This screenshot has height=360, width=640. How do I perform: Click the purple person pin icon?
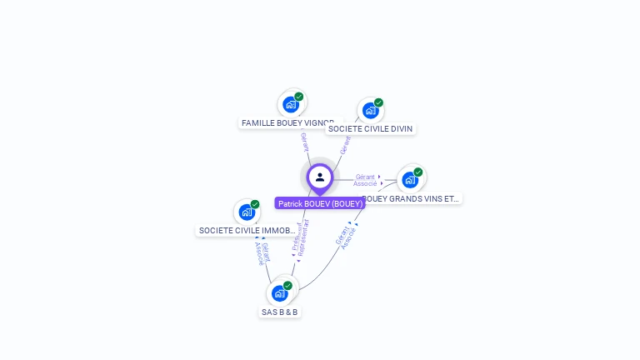[320, 177]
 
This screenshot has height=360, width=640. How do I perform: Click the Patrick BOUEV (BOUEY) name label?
[320, 203]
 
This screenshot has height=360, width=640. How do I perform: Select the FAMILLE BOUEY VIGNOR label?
[287, 122]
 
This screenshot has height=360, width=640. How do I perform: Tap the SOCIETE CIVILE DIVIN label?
[371, 128]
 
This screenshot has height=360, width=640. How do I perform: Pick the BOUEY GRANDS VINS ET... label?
[412, 199]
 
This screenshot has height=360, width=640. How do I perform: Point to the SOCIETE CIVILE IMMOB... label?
[247, 230]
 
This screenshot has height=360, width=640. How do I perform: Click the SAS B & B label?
[280, 312]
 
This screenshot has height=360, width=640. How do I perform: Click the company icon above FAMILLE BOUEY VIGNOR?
[290, 104]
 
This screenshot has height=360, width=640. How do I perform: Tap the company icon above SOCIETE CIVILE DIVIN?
[370, 110]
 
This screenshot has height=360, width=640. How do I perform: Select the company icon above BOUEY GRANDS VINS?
[409, 180]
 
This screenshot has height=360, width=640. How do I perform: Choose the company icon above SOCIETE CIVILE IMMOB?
[247, 212]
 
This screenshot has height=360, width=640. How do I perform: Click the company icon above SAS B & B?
[279, 293]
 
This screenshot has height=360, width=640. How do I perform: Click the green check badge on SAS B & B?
[287, 286]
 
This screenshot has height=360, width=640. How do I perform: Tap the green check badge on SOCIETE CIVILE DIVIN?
[378, 102]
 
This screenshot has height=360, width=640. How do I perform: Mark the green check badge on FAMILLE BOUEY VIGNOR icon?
[298, 97]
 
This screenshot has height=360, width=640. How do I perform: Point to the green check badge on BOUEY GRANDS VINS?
[417, 172]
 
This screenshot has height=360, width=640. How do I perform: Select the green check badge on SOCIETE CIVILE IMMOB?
[255, 204]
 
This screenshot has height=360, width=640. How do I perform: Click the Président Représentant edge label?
[299, 238]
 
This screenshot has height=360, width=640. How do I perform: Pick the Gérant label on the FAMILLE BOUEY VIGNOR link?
[304, 141]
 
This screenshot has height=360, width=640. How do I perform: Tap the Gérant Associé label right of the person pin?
[366, 180]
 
